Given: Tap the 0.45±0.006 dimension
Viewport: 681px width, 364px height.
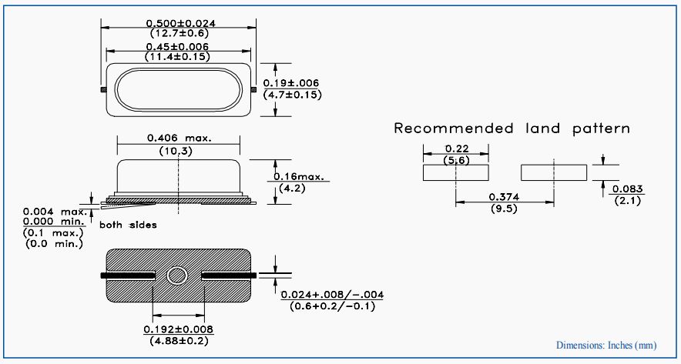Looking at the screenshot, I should [180, 47].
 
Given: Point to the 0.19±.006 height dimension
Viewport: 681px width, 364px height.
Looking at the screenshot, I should [291, 83].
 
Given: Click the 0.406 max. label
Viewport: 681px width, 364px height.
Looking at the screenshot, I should [179, 138].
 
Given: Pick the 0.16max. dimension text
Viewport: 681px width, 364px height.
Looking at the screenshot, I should [302, 177].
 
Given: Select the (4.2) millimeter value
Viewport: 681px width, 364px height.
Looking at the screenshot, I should [290, 187].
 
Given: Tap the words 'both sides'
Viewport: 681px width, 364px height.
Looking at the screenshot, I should [128, 225].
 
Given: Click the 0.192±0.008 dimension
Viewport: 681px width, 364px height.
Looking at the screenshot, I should [179, 329].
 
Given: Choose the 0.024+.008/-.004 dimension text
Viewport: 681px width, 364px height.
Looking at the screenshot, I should [333, 296].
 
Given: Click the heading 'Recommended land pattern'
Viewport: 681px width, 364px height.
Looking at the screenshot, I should [512, 129].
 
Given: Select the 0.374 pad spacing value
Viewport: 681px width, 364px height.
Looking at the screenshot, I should [505, 196].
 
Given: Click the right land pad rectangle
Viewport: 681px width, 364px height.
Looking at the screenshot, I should [555, 172].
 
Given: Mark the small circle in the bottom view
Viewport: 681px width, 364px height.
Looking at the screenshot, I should [179, 276].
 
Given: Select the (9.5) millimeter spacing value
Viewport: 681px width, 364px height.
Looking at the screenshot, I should [505, 208].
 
